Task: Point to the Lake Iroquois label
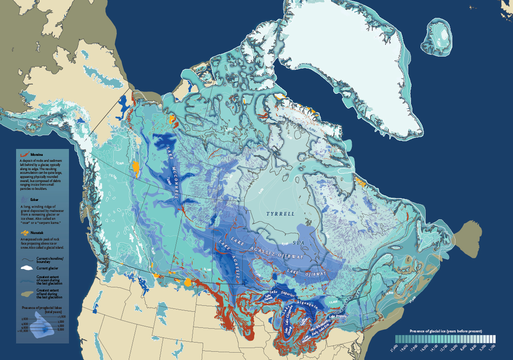tap(339, 316)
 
